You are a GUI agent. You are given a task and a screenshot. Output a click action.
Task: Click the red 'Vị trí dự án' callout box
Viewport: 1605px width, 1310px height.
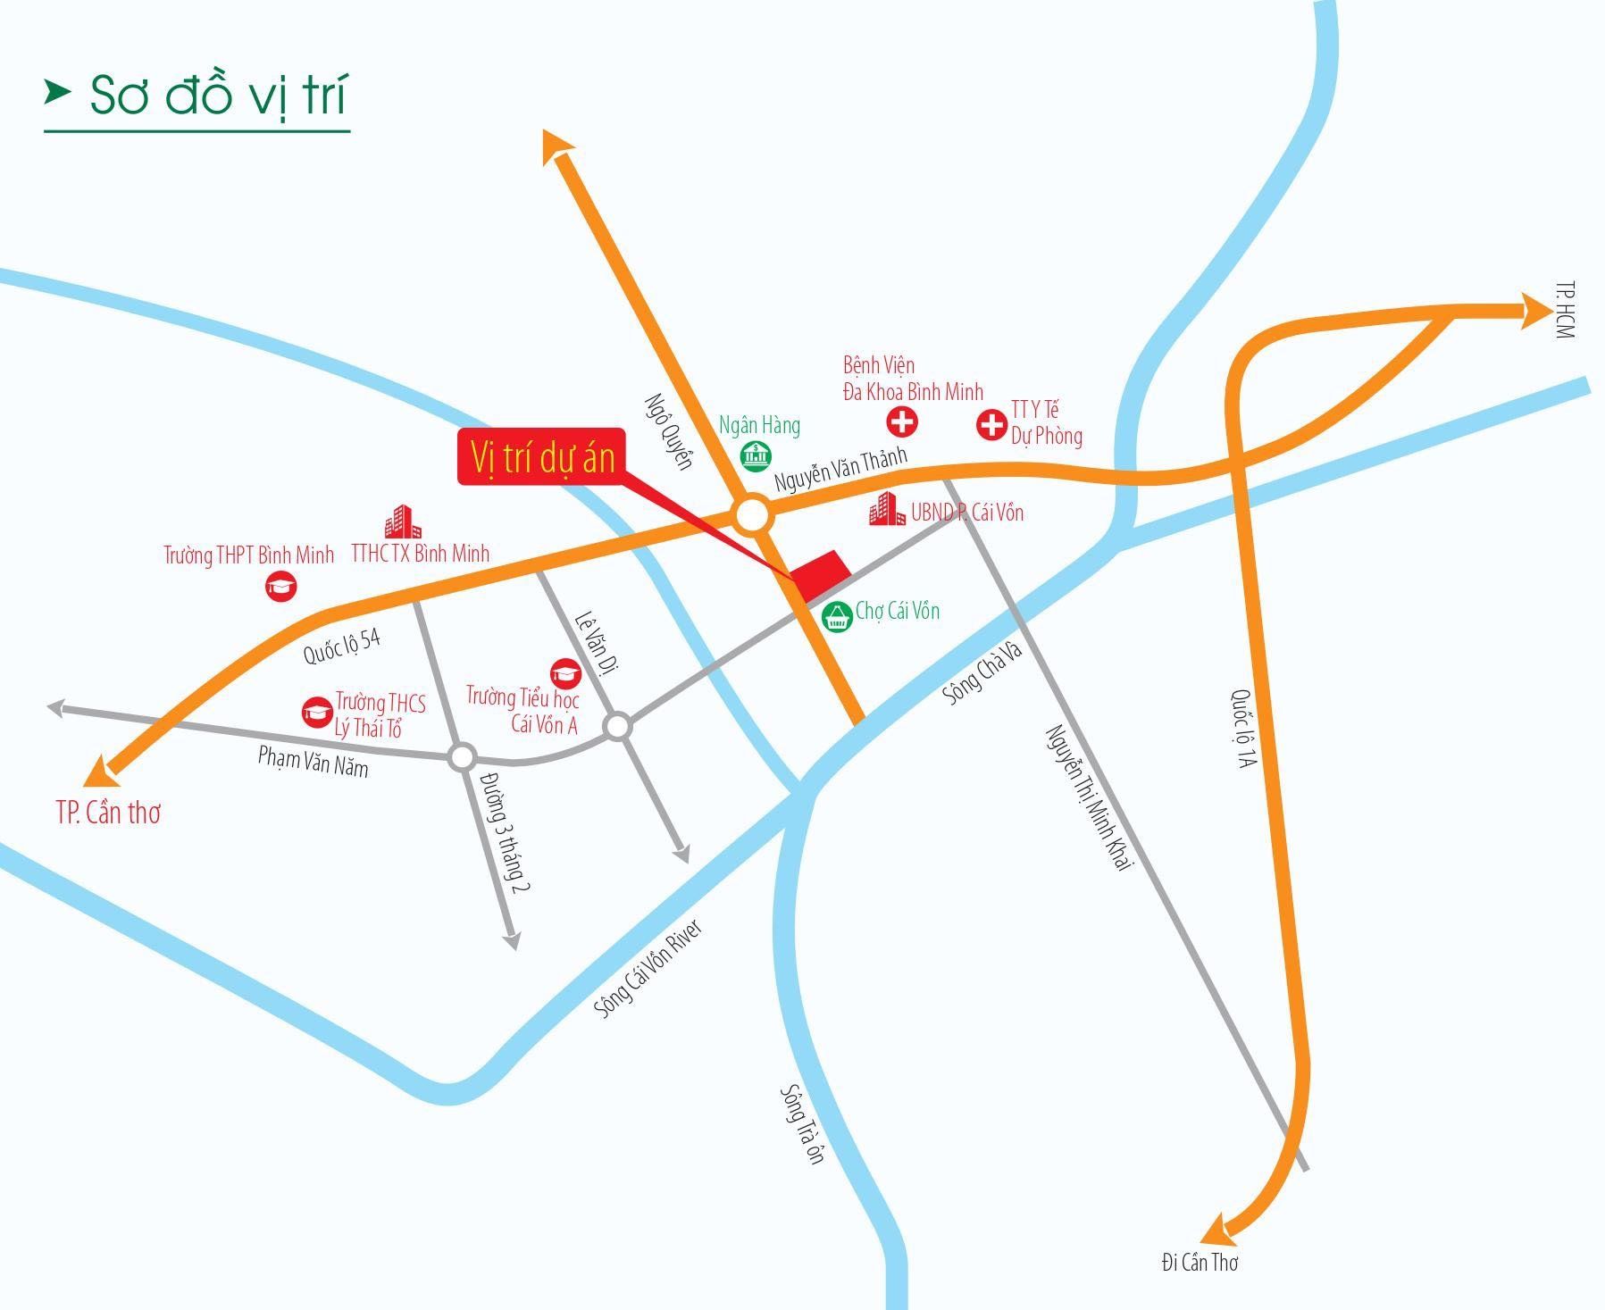(x=541, y=457)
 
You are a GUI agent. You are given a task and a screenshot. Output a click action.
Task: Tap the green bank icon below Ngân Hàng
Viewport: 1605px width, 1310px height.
(x=757, y=456)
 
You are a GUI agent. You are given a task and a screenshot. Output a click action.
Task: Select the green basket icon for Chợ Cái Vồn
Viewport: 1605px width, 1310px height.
(x=837, y=615)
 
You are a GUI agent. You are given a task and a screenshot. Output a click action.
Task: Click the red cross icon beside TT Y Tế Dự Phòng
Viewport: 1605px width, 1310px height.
(x=991, y=424)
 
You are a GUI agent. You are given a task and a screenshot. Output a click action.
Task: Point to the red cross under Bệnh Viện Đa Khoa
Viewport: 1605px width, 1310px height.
(x=902, y=421)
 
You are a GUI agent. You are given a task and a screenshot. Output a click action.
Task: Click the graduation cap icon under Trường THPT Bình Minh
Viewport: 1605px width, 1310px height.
(x=281, y=587)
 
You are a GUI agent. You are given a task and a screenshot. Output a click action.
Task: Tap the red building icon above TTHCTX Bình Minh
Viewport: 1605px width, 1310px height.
(x=403, y=522)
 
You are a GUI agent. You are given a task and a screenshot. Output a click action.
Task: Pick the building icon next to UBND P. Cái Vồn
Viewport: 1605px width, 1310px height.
(x=887, y=510)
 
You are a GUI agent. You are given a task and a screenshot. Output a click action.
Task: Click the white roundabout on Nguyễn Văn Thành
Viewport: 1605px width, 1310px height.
(x=751, y=516)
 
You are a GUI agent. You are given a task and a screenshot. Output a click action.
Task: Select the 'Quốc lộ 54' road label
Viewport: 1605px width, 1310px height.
(x=342, y=646)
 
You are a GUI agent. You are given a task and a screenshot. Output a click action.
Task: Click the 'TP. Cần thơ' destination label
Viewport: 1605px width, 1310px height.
(x=108, y=813)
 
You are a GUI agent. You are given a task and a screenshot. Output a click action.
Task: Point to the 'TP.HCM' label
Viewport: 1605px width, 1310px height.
(x=1564, y=310)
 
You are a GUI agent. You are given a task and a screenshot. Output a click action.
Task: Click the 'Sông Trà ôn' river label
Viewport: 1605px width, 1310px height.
(x=802, y=1122)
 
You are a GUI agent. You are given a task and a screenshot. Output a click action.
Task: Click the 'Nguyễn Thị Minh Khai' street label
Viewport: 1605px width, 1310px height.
(x=1089, y=797)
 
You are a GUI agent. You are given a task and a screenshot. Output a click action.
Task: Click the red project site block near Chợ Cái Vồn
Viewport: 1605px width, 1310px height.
(x=819, y=576)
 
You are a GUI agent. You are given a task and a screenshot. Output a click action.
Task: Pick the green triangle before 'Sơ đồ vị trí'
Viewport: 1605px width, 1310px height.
(x=58, y=91)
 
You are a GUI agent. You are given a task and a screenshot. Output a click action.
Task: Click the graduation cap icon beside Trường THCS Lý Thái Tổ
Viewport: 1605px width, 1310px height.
(x=317, y=712)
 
